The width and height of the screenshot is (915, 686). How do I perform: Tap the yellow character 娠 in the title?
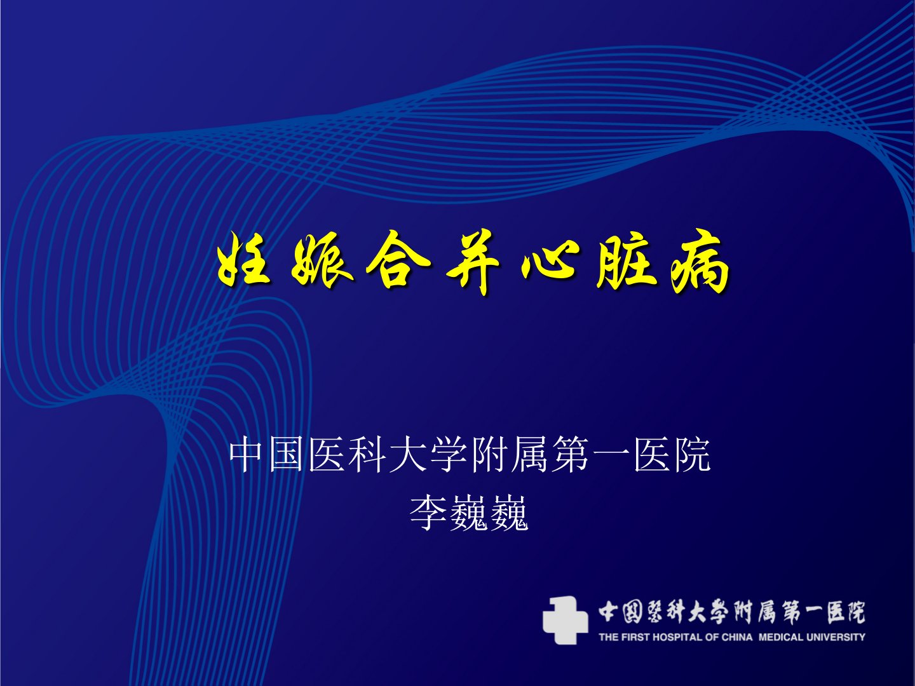[320, 263]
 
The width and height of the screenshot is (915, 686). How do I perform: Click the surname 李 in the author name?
[429, 513]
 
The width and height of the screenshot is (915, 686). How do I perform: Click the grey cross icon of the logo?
[566, 619]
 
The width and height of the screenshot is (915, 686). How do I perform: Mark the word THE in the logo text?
[609, 637]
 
